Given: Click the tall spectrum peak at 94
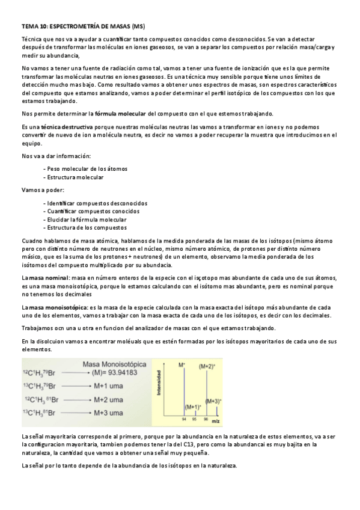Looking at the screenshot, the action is point(185,391).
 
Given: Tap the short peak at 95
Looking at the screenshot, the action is point(195,414).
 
